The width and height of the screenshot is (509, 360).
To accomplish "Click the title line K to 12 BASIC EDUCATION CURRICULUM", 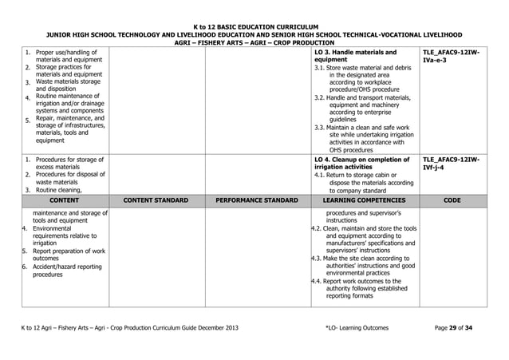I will click(254, 26).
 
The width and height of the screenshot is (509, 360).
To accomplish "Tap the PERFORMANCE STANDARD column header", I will click(256, 201).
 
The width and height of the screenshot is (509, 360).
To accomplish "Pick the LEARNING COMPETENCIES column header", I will click(364, 201).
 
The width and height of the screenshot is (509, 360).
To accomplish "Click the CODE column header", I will click(452, 201).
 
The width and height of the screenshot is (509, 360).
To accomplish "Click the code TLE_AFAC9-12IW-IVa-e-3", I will click(451, 56).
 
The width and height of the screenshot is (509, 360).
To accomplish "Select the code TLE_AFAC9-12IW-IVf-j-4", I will click(451, 164).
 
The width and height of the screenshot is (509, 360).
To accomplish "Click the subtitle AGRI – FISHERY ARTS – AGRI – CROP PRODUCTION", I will click(254, 44).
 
